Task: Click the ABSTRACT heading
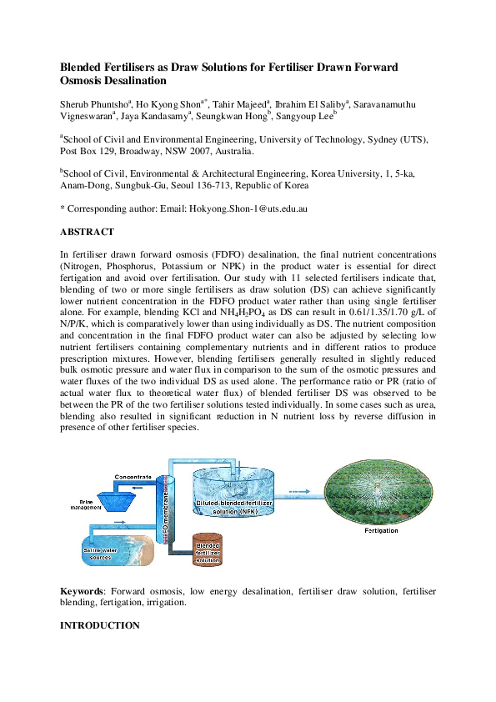tap(87, 232)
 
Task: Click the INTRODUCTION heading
tap(100, 625)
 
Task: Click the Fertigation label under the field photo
tap(382, 530)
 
